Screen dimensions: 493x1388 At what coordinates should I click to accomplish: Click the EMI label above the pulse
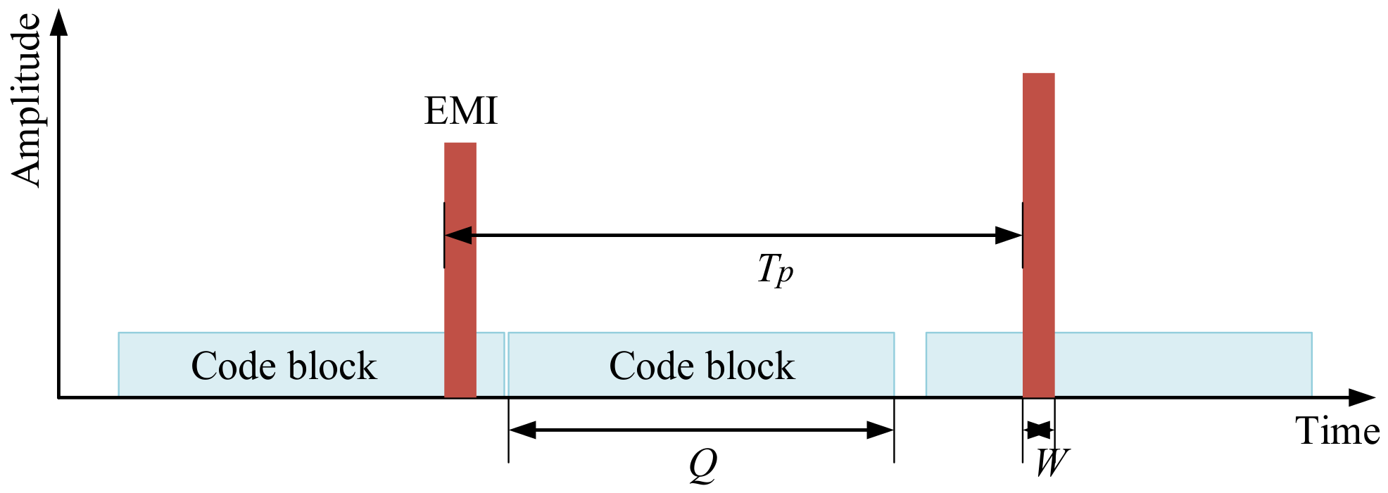coord(460,111)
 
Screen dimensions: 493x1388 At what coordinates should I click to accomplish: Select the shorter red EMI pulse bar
coord(460,271)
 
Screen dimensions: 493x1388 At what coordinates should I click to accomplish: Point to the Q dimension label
coord(702,465)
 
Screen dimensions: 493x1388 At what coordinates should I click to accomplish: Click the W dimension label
coord(1052,463)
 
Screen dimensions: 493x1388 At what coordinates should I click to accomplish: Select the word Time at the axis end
coord(1337,430)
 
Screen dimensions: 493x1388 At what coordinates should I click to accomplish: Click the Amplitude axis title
coord(27,100)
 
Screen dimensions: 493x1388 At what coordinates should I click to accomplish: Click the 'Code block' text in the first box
coord(284,366)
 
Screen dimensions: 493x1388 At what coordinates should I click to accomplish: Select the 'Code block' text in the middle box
coord(702,366)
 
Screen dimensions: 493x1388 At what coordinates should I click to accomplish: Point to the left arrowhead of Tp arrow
coord(458,236)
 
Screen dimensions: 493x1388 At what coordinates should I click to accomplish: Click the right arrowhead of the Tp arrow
coord(1009,236)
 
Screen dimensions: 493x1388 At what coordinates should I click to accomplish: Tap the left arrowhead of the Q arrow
coord(522,430)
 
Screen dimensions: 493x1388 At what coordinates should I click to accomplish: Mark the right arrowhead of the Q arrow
coord(880,430)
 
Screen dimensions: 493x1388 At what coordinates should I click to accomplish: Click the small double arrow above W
coord(1039,430)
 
